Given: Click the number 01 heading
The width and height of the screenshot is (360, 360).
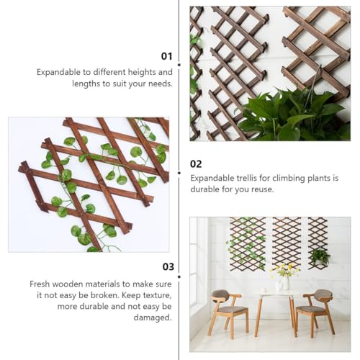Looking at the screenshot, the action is [166, 56].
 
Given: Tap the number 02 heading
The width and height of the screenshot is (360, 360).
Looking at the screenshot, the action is [196, 164].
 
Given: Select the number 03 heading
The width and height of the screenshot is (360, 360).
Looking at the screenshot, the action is [168, 267].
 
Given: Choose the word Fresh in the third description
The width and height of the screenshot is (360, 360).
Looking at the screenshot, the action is [40, 284].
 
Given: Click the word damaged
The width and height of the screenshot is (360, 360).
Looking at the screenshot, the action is [153, 318].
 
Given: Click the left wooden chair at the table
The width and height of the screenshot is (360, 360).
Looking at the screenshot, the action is [228, 312].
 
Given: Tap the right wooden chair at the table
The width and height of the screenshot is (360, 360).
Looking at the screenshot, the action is [315, 312].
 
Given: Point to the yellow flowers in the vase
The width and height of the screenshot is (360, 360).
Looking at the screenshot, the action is [285, 269].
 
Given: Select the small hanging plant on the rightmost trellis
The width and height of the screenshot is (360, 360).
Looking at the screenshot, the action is [320, 257].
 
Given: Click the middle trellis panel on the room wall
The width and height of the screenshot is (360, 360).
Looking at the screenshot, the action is [287, 243].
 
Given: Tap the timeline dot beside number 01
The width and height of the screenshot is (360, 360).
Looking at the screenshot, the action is [179, 65].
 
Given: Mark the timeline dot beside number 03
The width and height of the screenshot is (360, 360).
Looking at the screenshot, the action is [179, 276].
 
